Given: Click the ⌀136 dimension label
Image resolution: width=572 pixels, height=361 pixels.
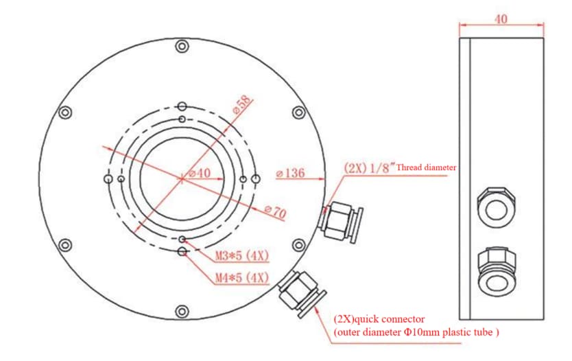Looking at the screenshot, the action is point(291,173).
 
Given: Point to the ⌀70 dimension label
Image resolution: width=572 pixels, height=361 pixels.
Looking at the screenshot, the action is point(276,211).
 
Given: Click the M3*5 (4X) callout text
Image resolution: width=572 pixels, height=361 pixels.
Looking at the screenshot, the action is point(241,255).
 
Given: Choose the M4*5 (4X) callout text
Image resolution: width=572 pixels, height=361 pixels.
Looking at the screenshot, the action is point(241,277).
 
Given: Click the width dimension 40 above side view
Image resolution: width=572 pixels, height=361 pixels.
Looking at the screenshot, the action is point(501,19).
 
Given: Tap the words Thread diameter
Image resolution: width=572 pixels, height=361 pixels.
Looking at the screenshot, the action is point(426,167).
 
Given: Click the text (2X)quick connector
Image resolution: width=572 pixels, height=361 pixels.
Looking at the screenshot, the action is point(379,319).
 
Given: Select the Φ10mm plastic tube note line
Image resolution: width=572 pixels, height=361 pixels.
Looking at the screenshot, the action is point(416,332).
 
